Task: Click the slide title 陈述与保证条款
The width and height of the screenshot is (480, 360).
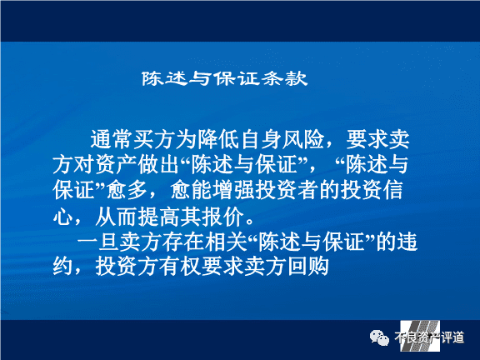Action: point(224,78)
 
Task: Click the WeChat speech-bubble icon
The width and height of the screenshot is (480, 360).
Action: point(380,338)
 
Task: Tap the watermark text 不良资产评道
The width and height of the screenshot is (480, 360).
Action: point(429,337)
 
